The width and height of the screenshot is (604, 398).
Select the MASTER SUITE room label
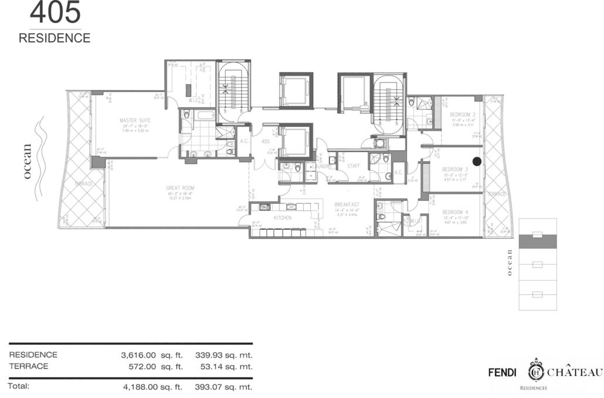pos(132,120)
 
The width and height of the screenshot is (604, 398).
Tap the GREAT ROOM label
pos(179,188)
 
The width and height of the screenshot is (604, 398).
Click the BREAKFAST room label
pos(345,205)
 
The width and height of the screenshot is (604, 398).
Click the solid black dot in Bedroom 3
pos(477,161)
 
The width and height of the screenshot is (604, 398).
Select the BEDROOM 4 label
pos(454,212)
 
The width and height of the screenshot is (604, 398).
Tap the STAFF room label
pos(353,166)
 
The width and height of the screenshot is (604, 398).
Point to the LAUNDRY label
pos(321,166)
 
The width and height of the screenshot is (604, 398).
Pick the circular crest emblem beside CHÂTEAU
pos(536,372)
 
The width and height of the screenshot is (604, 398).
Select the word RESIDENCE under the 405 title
pos(55,38)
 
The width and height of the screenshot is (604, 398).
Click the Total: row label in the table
pos(19,386)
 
